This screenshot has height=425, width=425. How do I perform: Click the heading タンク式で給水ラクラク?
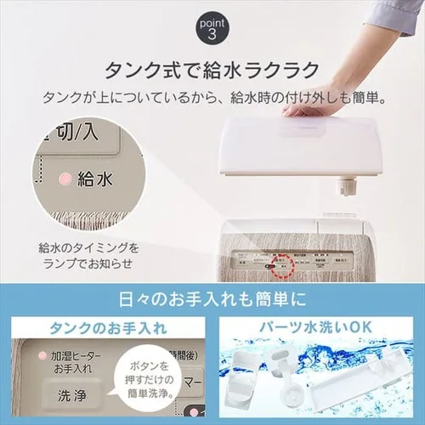tap(212, 69)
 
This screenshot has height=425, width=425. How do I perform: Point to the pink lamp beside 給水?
tap(63, 181)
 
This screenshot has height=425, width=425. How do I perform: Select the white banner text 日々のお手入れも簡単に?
tap(212, 300)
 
